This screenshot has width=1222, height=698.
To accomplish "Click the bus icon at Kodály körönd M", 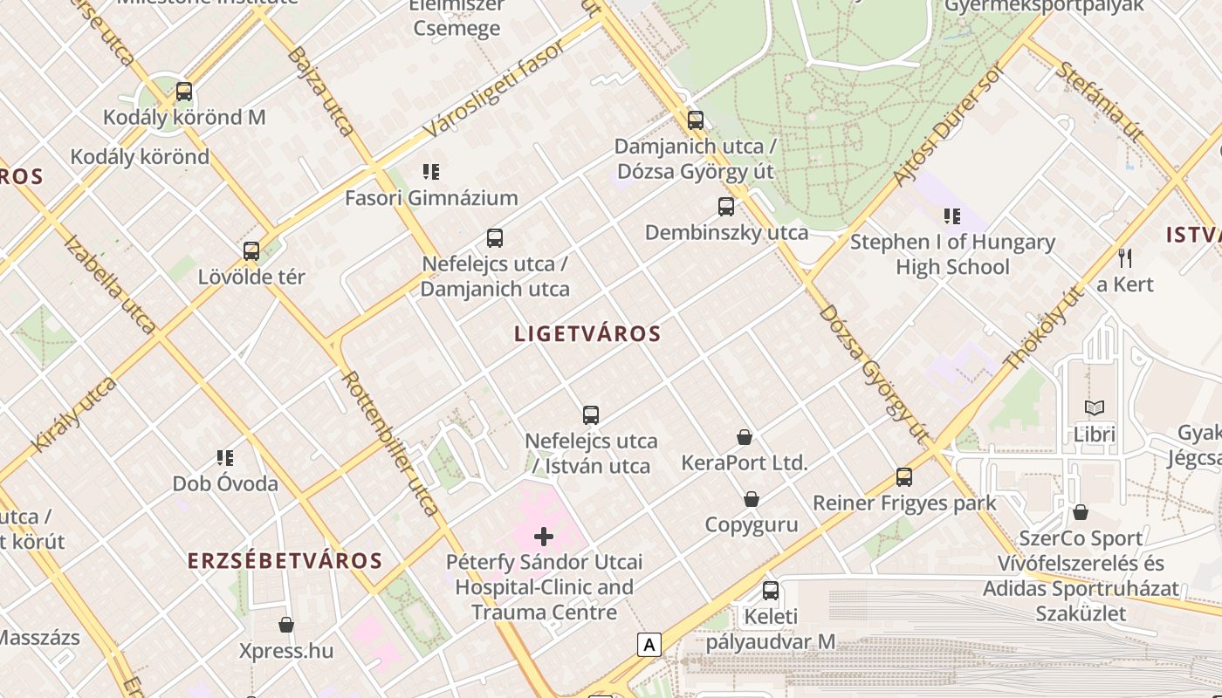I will [x=184, y=91].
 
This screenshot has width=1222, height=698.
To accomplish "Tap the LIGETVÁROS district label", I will [x=587, y=333].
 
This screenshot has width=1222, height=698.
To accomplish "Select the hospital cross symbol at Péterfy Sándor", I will [x=544, y=536].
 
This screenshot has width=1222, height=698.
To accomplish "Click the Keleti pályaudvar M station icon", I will [x=771, y=591].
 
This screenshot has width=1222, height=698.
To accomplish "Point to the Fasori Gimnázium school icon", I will [x=430, y=172].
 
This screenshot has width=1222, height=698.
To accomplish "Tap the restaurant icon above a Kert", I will [x=1125, y=258].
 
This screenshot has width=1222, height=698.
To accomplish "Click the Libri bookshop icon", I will [x=1095, y=407].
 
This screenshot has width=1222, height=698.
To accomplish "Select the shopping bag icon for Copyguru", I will [x=752, y=499].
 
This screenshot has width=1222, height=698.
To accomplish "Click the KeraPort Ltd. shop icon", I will [x=745, y=437].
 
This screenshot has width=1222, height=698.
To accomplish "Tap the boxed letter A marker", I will [x=649, y=645].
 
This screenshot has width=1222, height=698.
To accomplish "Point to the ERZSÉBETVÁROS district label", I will [x=285, y=560].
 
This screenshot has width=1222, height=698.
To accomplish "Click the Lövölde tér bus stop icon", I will [x=251, y=251].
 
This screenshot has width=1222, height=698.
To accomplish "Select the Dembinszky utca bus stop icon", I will [x=726, y=207].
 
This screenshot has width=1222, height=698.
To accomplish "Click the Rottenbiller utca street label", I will [x=390, y=443].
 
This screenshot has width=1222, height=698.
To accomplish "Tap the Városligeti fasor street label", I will [x=493, y=87].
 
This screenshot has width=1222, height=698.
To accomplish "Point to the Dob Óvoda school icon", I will [x=225, y=457].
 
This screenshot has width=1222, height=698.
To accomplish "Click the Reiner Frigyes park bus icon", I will [x=904, y=477].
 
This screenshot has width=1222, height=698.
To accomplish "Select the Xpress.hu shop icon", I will [x=286, y=625].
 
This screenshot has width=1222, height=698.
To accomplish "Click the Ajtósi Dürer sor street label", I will [x=945, y=127].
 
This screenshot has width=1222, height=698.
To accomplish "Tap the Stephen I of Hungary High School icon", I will [x=952, y=216].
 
